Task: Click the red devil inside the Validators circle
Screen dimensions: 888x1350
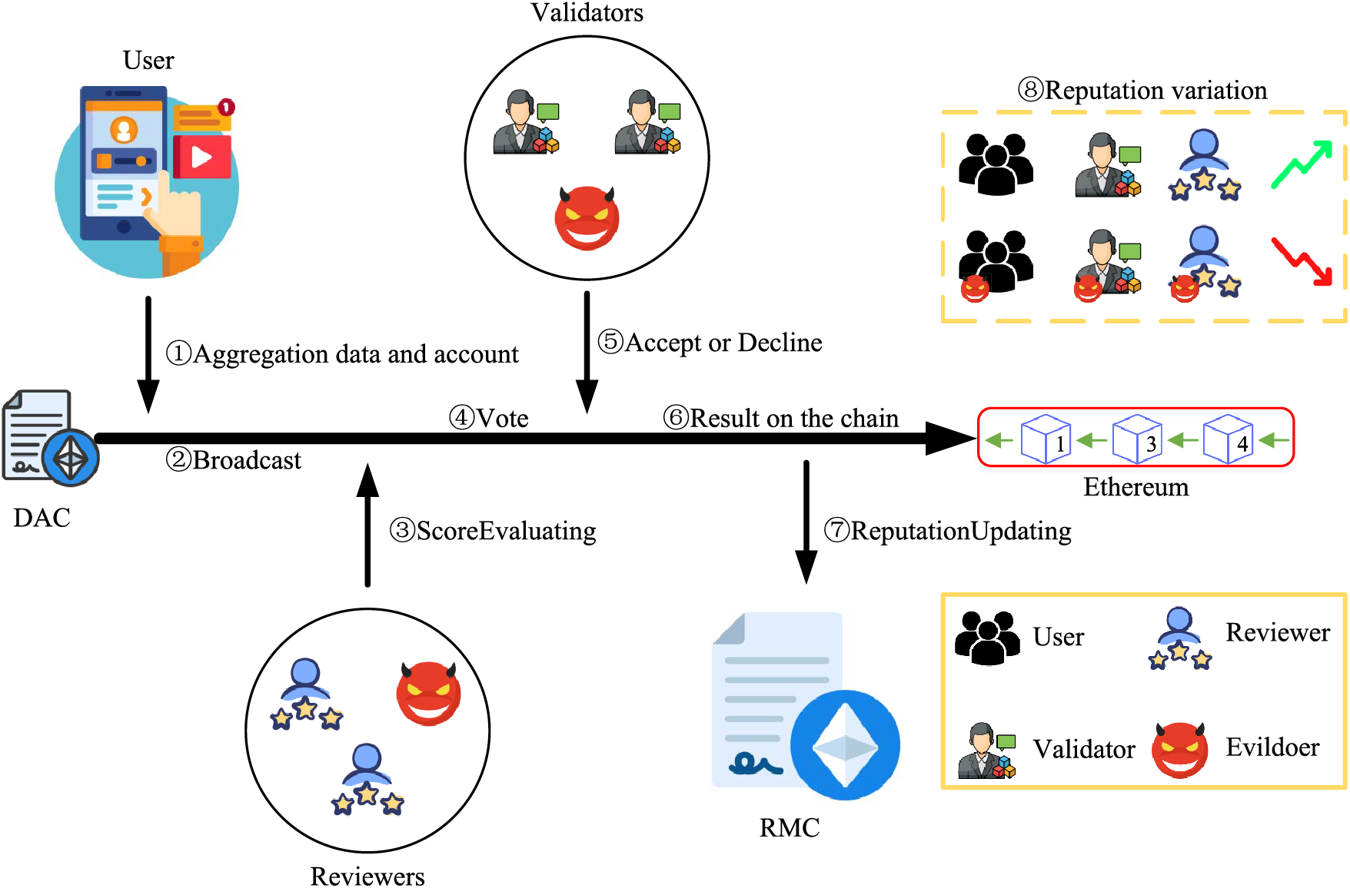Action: click(x=587, y=218)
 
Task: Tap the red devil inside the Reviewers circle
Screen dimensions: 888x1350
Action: click(x=428, y=694)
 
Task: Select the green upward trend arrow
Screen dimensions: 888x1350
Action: click(x=1301, y=164)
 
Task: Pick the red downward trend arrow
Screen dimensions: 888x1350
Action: click(x=1301, y=261)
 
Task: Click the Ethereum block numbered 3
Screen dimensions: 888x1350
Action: click(x=1137, y=439)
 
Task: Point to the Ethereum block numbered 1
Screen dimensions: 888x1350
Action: click(x=1046, y=439)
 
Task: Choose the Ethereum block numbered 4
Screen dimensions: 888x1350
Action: click(x=1228, y=439)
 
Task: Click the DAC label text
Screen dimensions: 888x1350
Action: click(x=42, y=518)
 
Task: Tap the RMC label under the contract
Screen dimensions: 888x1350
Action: click(x=790, y=828)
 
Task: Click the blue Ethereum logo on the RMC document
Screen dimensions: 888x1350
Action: click(x=845, y=745)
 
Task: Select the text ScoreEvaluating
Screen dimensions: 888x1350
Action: click(x=506, y=531)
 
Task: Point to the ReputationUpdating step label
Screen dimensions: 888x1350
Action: click(x=961, y=531)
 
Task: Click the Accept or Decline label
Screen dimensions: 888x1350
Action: click(x=723, y=343)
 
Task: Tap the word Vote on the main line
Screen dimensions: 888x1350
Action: click(x=503, y=418)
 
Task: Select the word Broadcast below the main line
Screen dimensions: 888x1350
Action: click(x=247, y=460)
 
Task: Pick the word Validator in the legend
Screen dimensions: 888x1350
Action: click(x=1084, y=749)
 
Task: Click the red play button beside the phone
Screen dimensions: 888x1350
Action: click(x=201, y=157)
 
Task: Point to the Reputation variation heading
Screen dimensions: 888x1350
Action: click(x=1155, y=91)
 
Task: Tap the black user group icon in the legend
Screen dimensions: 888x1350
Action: click(x=987, y=638)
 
